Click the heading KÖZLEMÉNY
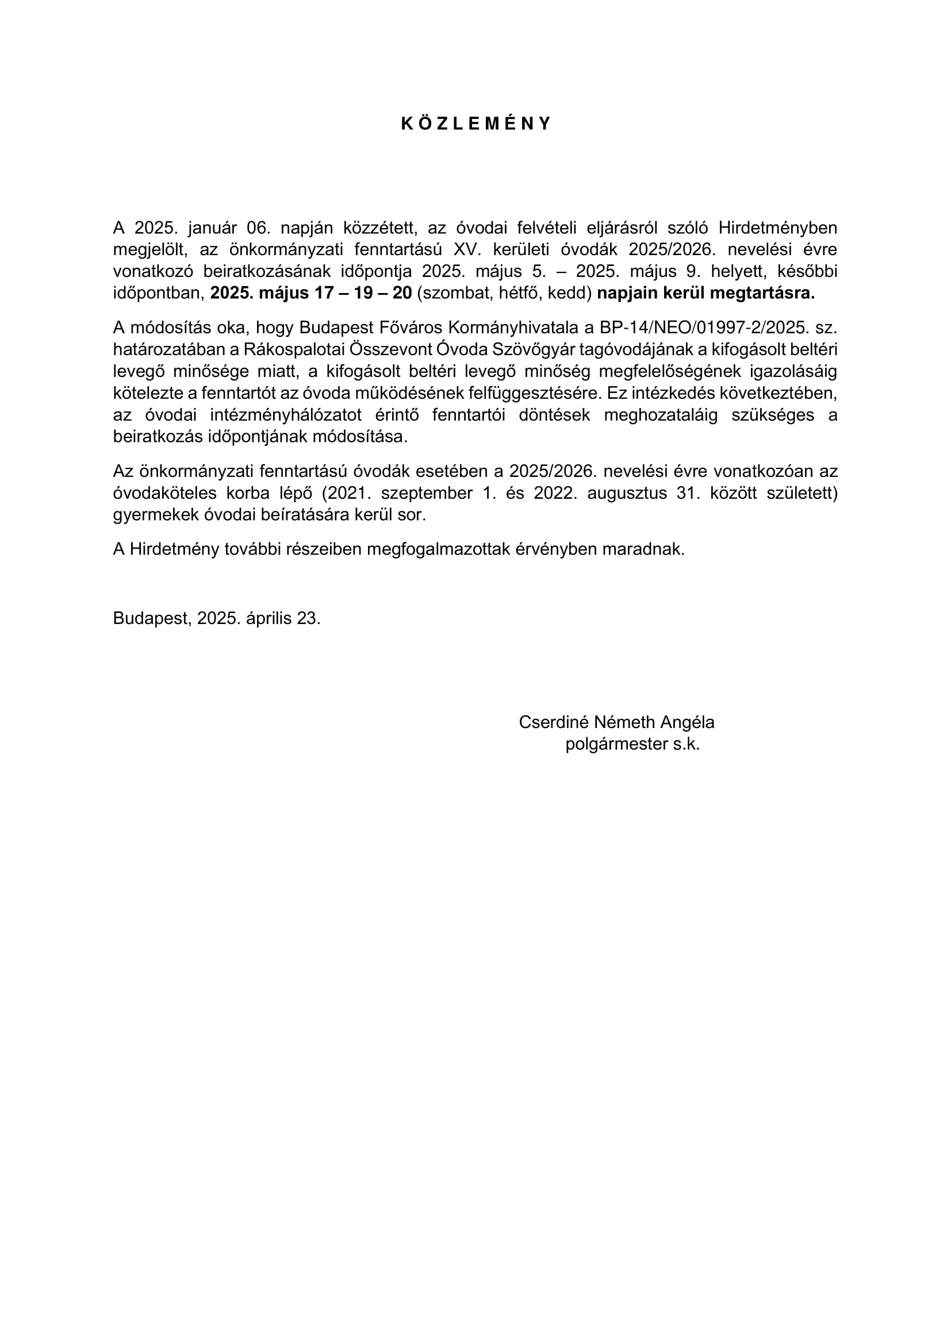tap(475, 124)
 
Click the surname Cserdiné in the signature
tap(553, 722)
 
